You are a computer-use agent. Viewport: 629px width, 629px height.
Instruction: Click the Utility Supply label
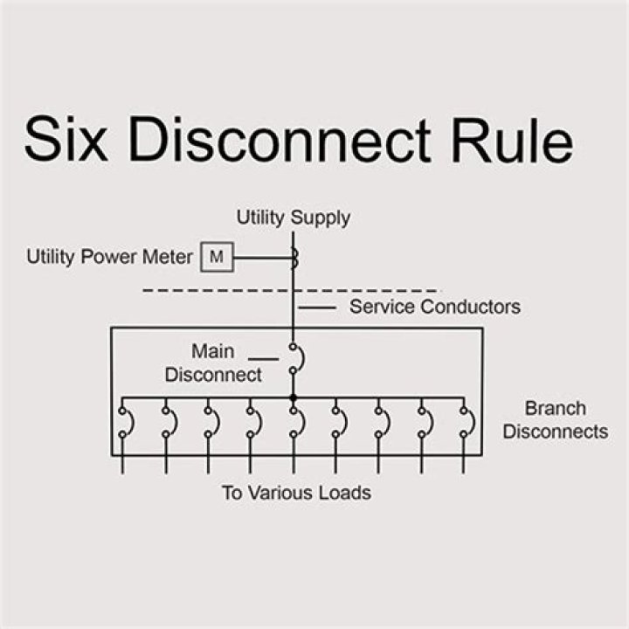[x=294, y=218]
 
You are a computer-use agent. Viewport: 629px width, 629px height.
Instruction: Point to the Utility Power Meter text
[x=110, y=258]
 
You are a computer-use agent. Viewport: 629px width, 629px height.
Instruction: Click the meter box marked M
[x=218, y=258]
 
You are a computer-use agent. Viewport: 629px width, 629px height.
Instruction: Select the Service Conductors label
[x=434, y=307]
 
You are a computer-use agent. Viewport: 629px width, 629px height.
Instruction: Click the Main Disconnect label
[x=213, y=363]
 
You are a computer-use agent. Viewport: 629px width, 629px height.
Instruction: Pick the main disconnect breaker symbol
[x=295, y=358]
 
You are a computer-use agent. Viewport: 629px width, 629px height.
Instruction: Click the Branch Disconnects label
[x=556, y=420]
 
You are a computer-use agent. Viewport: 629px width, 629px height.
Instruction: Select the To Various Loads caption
[x=295, y=493]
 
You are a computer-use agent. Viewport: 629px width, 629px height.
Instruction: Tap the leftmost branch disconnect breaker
[x=124, y=422]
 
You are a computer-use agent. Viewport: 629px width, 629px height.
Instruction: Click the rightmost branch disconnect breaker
[x=467, y=422]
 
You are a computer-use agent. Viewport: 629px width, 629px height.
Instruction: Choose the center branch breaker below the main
[x=295, y=422]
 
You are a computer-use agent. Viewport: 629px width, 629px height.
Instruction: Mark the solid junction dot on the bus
[x=294, y=397]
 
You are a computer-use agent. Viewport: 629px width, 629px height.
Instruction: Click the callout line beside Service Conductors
[x=317, y=308]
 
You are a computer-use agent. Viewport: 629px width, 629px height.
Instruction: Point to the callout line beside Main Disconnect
[x=263, y=358]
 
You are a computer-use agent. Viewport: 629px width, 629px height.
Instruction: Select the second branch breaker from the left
[x=167, y=422]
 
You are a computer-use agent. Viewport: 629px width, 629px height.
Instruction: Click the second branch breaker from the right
[x=424, y=422]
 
